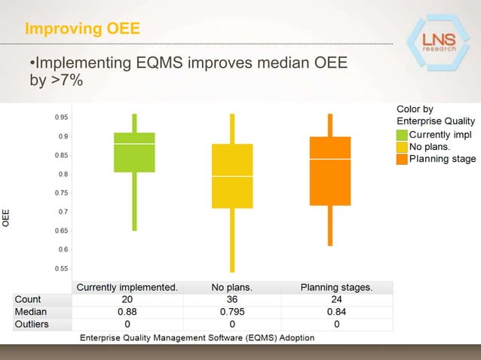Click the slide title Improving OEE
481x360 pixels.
82,29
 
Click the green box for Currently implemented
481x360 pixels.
134,152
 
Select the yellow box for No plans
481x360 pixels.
232,175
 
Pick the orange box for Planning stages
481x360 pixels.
330,171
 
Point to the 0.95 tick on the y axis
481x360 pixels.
60,117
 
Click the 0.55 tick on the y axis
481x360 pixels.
60,268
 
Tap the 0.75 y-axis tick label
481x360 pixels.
60,193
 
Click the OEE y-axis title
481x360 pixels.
7,218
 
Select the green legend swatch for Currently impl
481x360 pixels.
402,135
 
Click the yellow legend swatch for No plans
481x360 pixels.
402,147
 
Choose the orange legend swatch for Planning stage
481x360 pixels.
402,159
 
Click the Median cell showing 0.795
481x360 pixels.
232,312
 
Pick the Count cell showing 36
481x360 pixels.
232,299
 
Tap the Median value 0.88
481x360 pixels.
127,312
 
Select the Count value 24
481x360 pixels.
336,299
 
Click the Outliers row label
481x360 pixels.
32,325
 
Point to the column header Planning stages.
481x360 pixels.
336,287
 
